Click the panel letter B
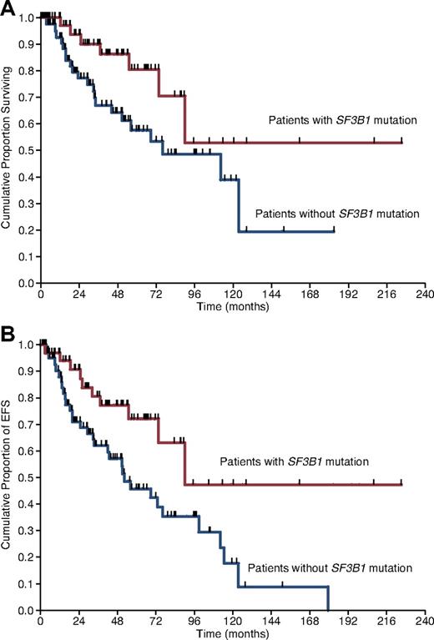(8, 330)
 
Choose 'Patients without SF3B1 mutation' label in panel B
(331, 567)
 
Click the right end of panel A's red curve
(401, 143)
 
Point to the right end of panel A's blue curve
(334, 231)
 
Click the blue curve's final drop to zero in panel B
(328, 599)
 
